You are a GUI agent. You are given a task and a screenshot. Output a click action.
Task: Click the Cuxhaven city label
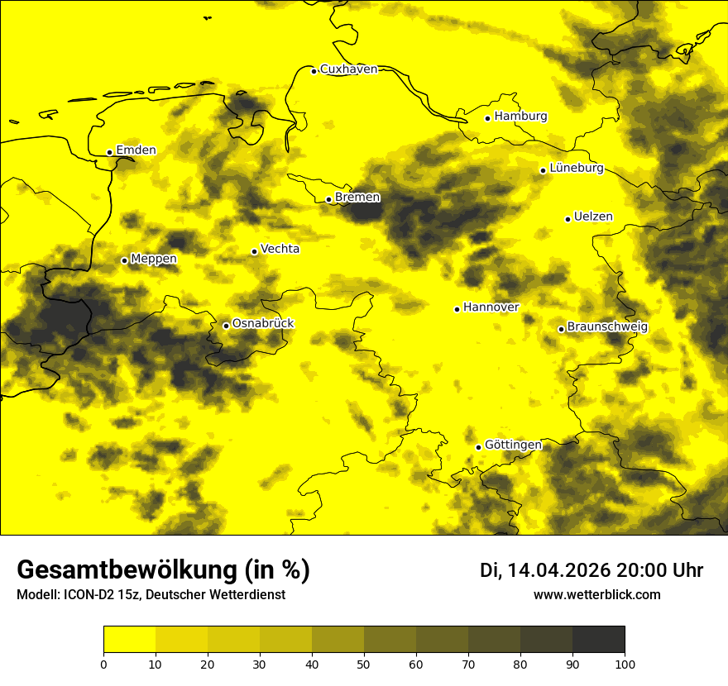[348, 69]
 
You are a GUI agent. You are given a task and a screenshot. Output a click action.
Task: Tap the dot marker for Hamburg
[488, 118]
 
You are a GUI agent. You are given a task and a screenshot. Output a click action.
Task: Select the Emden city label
[136, 150]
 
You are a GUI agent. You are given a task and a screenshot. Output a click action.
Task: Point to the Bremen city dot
[328, 199]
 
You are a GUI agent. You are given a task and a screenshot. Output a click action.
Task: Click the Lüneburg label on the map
[577, 168]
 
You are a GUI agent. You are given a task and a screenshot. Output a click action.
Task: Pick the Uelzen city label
[593, 217]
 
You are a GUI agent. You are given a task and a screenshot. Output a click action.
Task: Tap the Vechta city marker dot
[254, 251]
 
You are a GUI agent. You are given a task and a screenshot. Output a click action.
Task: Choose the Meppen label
[154, 259]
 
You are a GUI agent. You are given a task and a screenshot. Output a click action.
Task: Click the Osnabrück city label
[263, 323]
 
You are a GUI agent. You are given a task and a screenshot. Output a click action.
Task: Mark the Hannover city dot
[457, 309]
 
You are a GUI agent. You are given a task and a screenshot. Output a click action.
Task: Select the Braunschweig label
[608, 326]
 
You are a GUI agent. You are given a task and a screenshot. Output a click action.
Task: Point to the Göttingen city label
[513, 445]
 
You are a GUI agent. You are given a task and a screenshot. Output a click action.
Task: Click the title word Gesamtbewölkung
[124, 570]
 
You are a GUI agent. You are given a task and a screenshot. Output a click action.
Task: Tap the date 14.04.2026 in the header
[559, 570]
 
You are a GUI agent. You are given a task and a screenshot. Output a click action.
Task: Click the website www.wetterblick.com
[596, 594]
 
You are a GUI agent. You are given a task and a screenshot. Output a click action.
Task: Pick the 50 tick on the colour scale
[364, 664]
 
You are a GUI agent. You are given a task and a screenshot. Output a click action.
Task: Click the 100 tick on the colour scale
[625, 664]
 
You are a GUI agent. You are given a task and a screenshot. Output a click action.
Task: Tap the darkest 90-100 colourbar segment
[598, 639]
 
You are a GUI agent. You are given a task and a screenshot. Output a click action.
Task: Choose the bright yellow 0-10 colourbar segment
[129, 639]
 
